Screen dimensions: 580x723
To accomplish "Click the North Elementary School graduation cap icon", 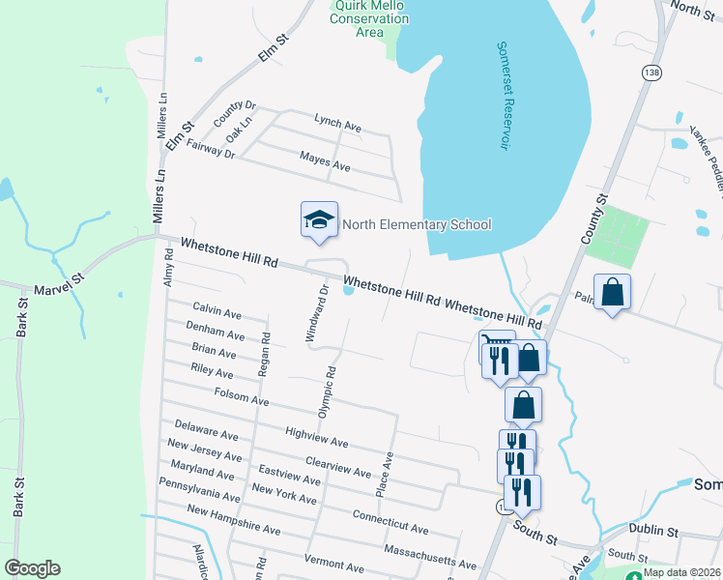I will pos(319,220).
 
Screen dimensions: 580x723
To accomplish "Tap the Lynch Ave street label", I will pos(337,124).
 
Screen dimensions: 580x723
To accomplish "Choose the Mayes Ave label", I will pos(325,160).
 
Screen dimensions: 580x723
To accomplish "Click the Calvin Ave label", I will pos(217,311).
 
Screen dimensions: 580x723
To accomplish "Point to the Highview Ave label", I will pos(317,437).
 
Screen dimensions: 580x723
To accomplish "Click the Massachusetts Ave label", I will pos(430,557).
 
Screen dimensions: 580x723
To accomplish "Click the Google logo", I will pos(32,568).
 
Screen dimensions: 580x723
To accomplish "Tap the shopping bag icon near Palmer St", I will pos(612,291).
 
